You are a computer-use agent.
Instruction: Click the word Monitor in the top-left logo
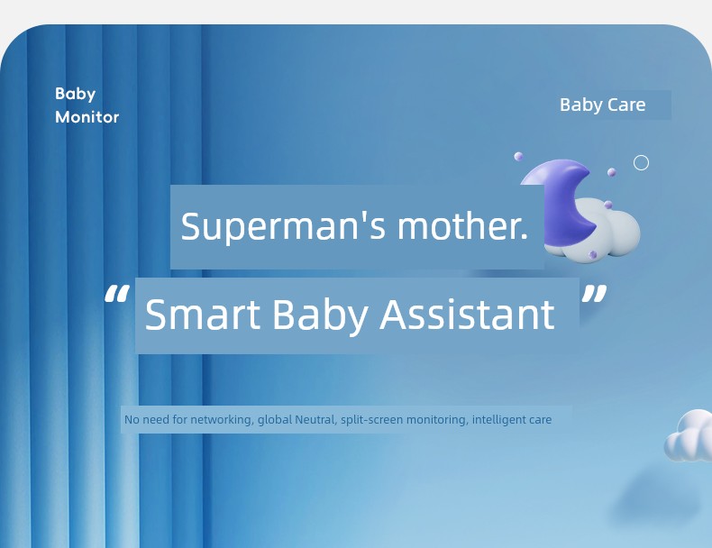click(87, 117)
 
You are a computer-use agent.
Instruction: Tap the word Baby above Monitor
click(75, 94)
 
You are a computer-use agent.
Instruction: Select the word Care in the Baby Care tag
click(626, 105)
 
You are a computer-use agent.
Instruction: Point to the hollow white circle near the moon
click(641, 162)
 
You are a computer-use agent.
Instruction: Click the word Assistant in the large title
click(467, 315)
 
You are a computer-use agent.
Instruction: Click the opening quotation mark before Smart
click(115, 296)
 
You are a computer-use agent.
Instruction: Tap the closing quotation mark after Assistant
click(594, 296)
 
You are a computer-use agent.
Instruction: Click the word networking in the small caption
click(221, 420)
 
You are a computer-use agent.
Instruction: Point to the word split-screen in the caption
click(371, 420)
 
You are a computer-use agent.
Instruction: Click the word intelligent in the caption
click(498, 420)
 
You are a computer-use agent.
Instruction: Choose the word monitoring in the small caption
click(437, 420)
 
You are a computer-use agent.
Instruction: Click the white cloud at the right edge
click(689, 436)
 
